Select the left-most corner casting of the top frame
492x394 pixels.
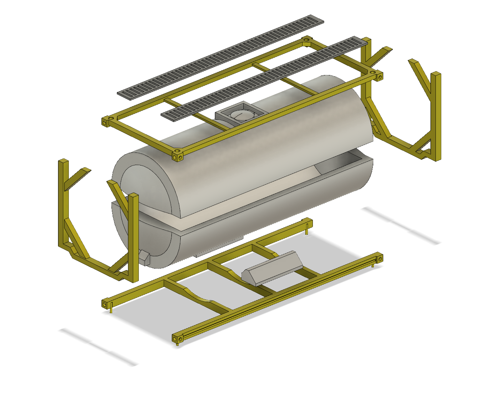click(x=105, y=121)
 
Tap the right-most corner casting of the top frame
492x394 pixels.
click(x=379, y=77)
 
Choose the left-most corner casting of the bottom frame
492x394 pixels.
click(x=105, y=304)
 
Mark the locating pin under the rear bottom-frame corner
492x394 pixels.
click(x=307, y=232)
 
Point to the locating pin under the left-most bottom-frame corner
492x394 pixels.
click(x=111, y=310)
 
